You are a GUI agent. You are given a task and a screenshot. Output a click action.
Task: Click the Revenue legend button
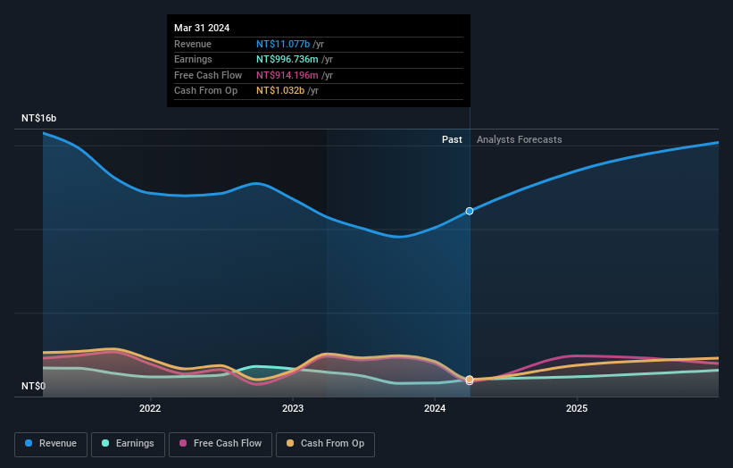[52, 443]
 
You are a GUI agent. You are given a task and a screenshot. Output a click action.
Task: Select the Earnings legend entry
[128, 443]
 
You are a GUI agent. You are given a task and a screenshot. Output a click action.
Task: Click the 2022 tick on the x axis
[150, 409]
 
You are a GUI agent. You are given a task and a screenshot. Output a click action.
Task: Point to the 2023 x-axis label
[292, 409]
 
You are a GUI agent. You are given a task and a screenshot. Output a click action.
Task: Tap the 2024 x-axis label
[435, 409]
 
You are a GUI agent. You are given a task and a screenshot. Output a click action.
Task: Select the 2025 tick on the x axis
[577, 409]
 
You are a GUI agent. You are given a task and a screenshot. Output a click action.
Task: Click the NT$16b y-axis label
[39, 118]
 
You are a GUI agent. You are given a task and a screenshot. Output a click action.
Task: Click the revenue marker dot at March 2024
[470, 211]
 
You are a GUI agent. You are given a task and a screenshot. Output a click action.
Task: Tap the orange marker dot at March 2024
[470, 380]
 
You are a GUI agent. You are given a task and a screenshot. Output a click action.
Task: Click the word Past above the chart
[452, 139]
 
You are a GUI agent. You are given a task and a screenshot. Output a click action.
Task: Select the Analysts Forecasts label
[519, 139]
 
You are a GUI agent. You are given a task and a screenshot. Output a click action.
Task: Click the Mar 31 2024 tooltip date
[202, 28]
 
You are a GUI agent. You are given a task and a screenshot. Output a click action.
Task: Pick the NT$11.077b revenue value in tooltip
[282, 44]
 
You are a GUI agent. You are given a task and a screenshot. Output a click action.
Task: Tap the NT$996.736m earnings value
[287, 59]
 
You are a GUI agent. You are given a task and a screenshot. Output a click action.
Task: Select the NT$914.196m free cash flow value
[287, 75]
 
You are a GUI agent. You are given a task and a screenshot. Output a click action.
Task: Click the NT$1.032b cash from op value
[280, 90]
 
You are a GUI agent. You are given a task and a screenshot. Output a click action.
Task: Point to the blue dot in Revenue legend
[29, 443]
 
